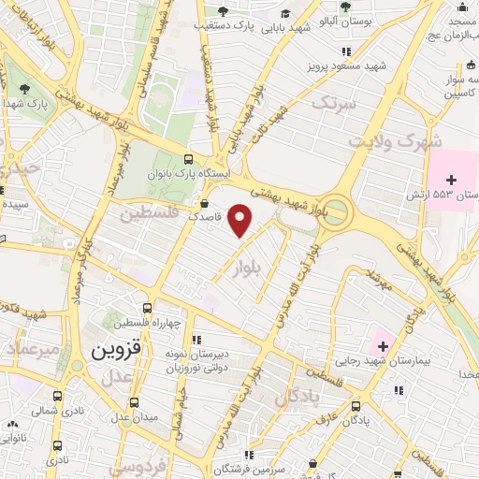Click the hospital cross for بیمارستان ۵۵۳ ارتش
coord(452,179)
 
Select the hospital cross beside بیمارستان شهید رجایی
coord(382,337)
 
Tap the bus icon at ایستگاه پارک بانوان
coord(190,159)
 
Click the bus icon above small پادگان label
coord(356,406)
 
